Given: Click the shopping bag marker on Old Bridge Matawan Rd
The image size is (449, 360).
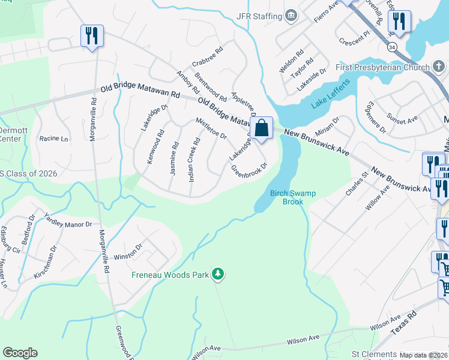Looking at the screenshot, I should pyautogui.click(x=262, y=128).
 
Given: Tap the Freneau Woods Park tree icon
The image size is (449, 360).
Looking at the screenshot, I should pyautogui.click(x=218, y=275).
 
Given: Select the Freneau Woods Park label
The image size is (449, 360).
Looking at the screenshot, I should pyautogui.click(x=170, y=275).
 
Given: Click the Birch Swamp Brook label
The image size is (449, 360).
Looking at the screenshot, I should pyautogui.click(x=293, y=197).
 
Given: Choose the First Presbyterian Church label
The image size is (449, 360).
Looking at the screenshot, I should pyautogui.click(x=382, y=67).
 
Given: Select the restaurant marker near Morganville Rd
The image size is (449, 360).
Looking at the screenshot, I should pyautogui.click(x=92, y=36).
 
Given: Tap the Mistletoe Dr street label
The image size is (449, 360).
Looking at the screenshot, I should pyautogui.click(x=211, y=128).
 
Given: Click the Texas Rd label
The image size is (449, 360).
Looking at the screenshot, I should pyautogui.click(x=403, y=325).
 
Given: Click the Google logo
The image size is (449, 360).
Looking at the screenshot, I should pyautogui.click(x=20, y=353).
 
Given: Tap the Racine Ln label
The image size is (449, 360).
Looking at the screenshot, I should pyautogui.click(x=53, y=139).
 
